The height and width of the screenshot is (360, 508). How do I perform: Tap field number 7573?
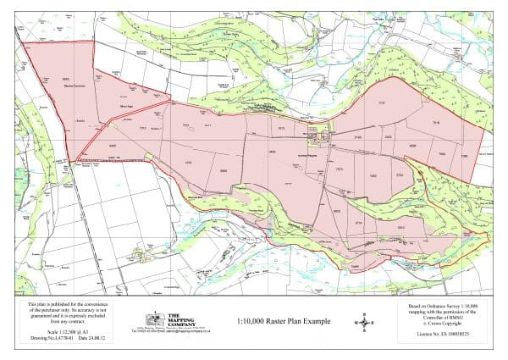click(x=339, y=169)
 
